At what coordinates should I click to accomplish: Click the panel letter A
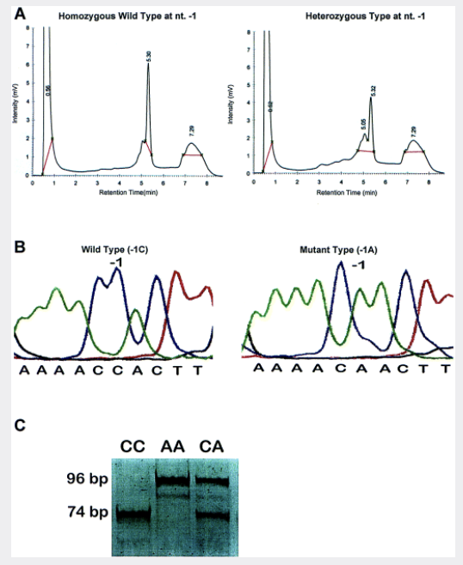point(20,14)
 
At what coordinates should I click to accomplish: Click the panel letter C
point(20,425)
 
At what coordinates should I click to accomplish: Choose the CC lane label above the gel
point(132,447)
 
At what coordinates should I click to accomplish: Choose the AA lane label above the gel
point(173,447)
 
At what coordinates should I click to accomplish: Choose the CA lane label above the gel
point(213,447)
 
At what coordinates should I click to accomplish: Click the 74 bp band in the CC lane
point(133,516)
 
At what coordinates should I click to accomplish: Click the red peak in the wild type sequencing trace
point(178,284)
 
